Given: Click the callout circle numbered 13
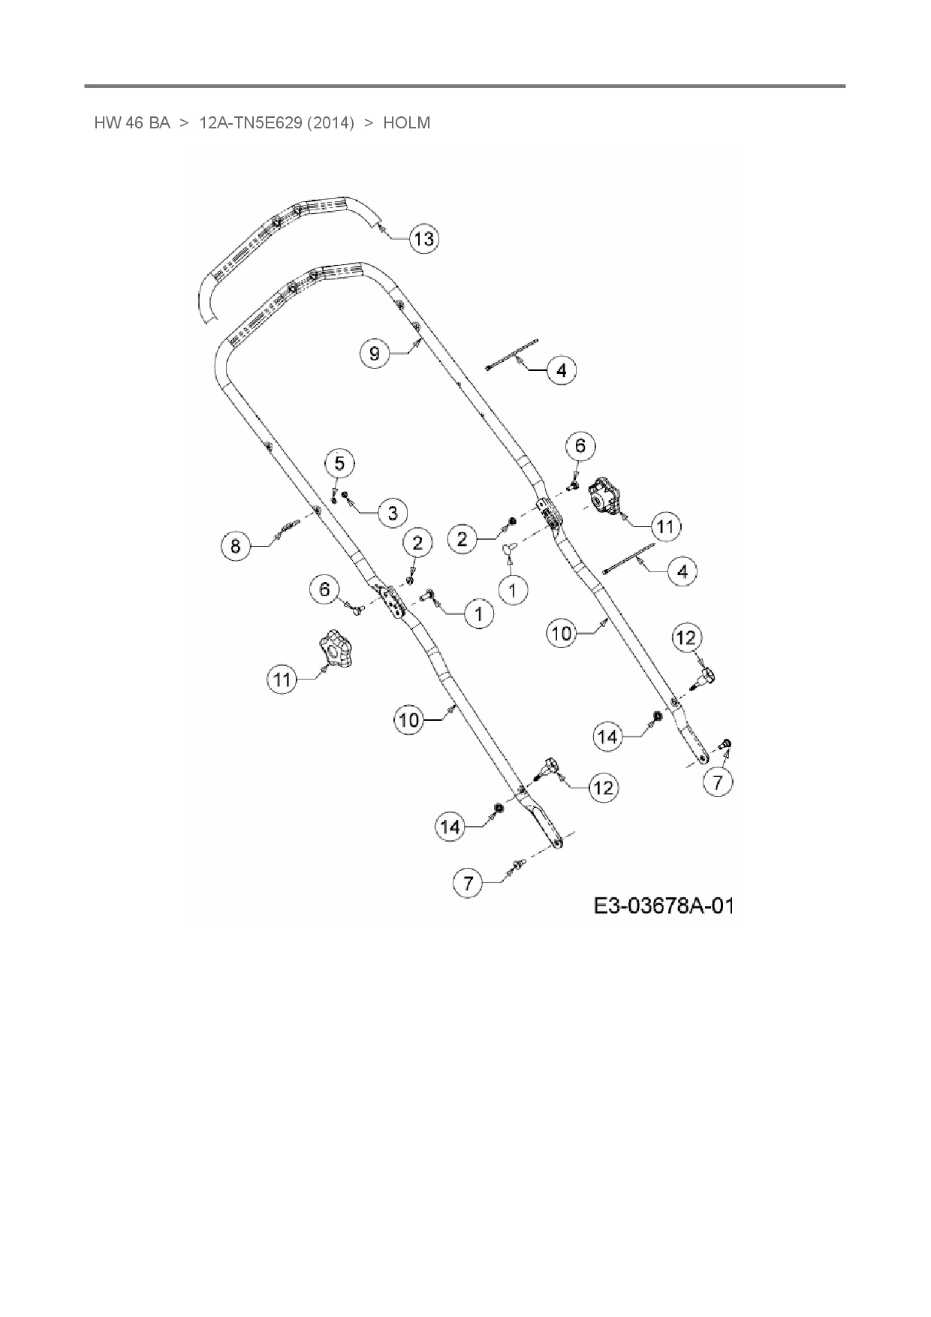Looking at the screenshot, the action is click(x=424, y=239).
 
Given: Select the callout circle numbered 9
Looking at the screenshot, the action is click(x=375, y=353).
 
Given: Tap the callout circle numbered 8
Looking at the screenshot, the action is click(x=236, y=545).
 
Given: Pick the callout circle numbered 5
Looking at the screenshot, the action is click(x=339, y=463).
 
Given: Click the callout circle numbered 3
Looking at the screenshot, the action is click(x=393, y=513).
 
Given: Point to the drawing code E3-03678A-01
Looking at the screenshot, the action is click(x=663, y=906).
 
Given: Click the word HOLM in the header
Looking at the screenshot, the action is click(x=406, y=123).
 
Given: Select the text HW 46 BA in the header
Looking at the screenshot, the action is click(x=132, y=123).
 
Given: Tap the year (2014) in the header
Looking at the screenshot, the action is click(x=330, y=123).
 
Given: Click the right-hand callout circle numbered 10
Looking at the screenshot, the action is click(x=562, y=633).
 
